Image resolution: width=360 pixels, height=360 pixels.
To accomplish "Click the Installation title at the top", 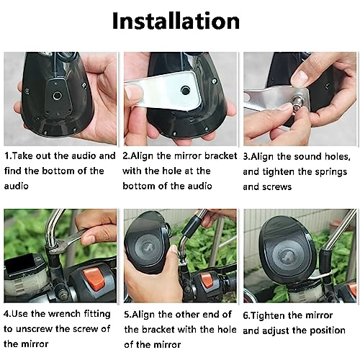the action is pos(176,21).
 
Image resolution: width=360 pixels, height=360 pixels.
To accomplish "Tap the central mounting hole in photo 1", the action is pos(58,96).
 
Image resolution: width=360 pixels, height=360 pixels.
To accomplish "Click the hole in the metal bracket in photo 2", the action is pos(185,90).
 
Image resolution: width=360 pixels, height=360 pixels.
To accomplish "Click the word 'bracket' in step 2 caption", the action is pos(220,156).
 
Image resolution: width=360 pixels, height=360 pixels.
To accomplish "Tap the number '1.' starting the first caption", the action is pos(8,156).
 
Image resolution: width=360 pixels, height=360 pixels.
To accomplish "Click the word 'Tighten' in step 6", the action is pos(268,315).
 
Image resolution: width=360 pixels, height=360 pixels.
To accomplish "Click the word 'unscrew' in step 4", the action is pos(35,329).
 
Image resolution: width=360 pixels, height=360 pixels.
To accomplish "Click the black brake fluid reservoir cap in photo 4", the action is pos(20,264).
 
